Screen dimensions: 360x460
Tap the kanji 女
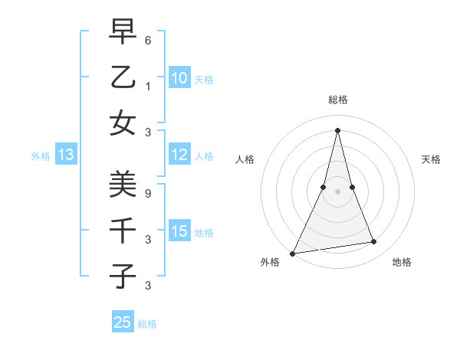(x=123, y=123)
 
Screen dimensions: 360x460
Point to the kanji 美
(x=123, y=183)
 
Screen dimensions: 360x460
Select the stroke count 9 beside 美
(x=148, y=193)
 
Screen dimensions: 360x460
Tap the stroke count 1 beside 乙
(x=148, y=86)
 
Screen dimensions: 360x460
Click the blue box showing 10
(x=179, y=78)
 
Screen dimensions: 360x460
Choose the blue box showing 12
(x=179, y=155)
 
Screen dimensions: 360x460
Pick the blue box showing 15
(x=179, y=232)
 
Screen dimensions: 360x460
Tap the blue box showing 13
(x=65, y=155)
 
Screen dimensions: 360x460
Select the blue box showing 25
(x=123, y=322)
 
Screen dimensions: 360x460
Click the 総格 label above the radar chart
(x=338, y=100)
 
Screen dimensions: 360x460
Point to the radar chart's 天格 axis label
(x=432, y=159)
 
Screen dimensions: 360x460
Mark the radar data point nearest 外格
(x=292, y=253)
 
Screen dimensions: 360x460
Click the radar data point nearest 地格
(x=374, y=242)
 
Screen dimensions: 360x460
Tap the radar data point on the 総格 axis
(x=338, y=130)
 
